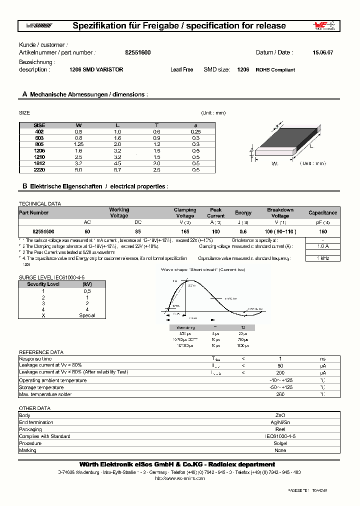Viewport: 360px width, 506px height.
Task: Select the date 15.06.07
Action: pyautogui.click(x=322, y=52)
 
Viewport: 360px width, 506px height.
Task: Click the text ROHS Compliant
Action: pyautogui.click(x=275, y=70)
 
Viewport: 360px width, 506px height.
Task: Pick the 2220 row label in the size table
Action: pyautogui.click(x=39, y=170)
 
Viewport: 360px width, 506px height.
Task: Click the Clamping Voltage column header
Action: pyautogui.click(x=184, y=212)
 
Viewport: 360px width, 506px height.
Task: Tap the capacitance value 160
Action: pyautogui.click(x=322, y=232)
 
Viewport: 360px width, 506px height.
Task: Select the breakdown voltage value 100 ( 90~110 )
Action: pyautogui.click(x=280, y=232)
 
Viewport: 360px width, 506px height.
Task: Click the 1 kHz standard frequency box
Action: pyautogui.click(x=322, y=258)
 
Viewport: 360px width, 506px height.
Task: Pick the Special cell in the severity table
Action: pyautogui.click(x=87, y=315)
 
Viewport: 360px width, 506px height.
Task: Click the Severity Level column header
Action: pyautogui.click(x=43, y=284)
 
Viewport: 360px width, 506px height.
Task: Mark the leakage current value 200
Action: pyautogui.click(x=280, y=372)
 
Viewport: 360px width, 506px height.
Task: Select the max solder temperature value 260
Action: pyautogui.click(x=280, y=394)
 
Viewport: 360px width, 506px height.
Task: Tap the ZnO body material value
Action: pyautogui.click(x=280, y=415)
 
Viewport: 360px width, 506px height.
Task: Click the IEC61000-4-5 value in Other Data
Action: pyautogui.click(x=280, y=436)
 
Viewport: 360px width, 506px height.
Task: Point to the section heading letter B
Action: pyautogui.click(x=24, y=186)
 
